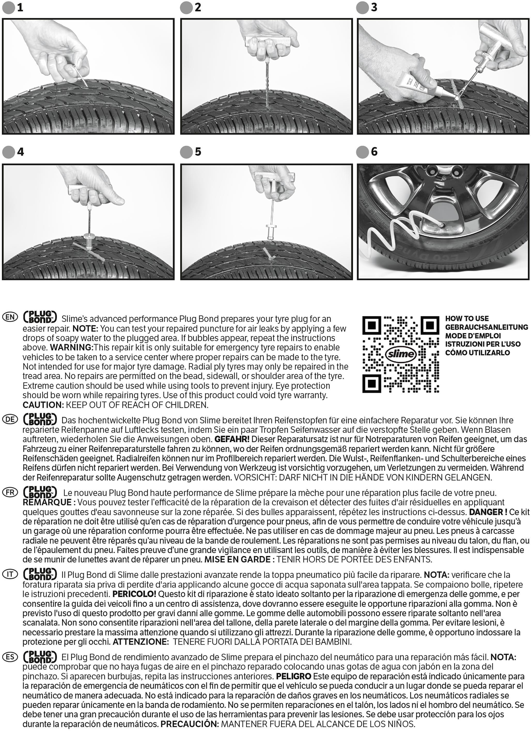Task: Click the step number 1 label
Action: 20,7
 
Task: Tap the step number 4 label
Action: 20,152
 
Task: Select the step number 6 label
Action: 374,152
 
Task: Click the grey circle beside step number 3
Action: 362,8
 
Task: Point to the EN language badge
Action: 10,317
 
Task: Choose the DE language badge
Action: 10,419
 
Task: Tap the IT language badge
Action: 10,574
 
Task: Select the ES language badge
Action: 10,657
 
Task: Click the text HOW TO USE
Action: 467,319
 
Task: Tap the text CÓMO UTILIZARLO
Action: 478,353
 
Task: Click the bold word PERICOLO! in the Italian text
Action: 134,594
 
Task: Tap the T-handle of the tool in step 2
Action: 268,42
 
